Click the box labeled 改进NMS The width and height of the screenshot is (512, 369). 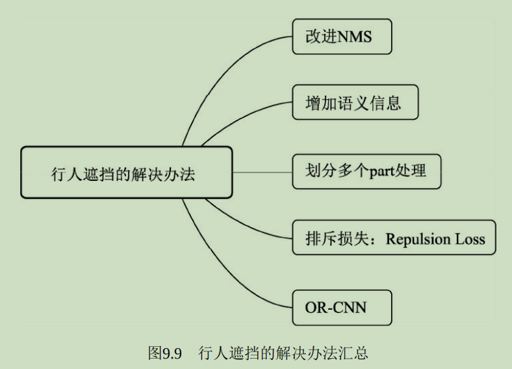click(x=342, y=36)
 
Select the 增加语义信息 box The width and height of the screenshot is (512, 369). click(x=354, y=102)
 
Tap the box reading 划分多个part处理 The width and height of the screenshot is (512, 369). click(x=366, y=171)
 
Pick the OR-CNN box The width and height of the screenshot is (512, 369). click(x=342, y=307)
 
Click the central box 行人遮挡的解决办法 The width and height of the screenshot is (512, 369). click(x=126, y=172)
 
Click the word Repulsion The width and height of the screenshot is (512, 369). click(x=418, y=239)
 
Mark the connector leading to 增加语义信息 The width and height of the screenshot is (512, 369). click(x=240, y=117)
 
